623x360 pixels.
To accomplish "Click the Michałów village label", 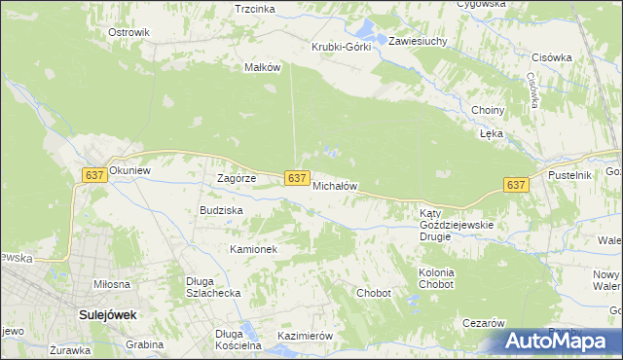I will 336,185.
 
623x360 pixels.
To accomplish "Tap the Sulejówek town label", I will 106,315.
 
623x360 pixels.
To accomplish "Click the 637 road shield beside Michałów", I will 298,178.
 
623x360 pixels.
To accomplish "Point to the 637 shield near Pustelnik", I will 516,185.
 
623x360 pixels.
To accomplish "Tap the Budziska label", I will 221,210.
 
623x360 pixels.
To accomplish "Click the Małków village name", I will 262,67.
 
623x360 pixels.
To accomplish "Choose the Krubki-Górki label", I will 341,48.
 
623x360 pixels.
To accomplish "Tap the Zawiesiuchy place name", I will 418,42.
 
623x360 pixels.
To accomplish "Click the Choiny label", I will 486,110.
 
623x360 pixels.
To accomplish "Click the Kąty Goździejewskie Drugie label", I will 458,219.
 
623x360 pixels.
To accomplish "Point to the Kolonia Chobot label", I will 436,278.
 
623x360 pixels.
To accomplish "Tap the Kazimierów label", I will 305,336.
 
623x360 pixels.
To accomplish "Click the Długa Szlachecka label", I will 213,288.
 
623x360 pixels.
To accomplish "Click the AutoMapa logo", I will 560,341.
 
